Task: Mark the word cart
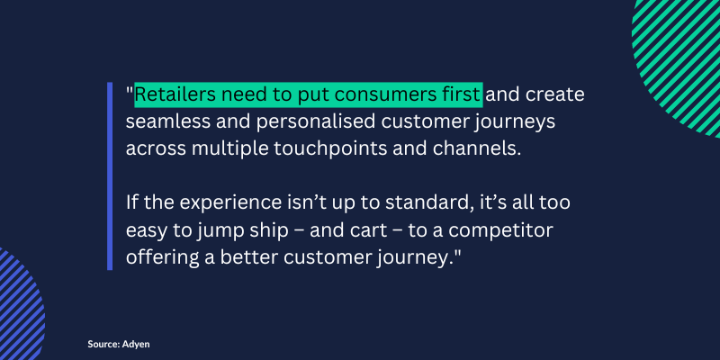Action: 371,230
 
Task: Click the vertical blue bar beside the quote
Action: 110,176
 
